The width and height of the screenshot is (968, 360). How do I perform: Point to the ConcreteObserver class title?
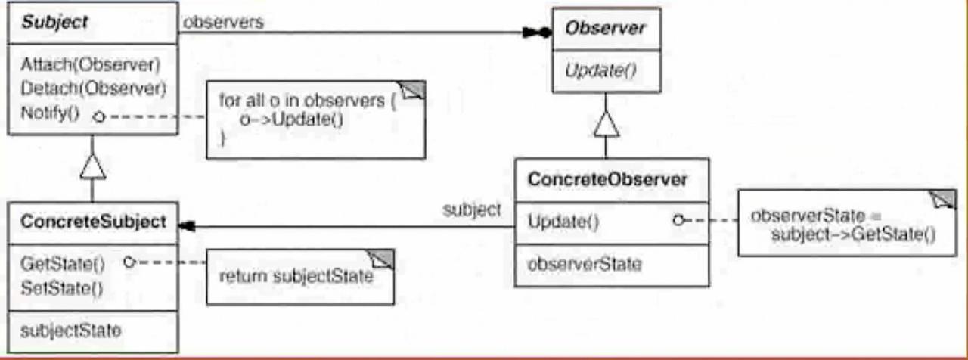(x=607, y=180)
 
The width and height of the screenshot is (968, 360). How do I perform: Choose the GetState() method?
(x=62, y=264)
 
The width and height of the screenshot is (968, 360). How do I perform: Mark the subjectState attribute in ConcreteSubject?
(x=70, y=331)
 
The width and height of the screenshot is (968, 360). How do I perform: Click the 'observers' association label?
(x=223, y=23)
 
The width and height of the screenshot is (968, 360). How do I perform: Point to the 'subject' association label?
(x=471, y=209)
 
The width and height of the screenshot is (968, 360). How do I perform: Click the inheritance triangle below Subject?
(x=92, y=166)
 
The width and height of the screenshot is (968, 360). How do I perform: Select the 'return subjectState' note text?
(x=296, y=277)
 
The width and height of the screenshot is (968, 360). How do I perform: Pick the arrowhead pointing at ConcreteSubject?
(x=185, y=225)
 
